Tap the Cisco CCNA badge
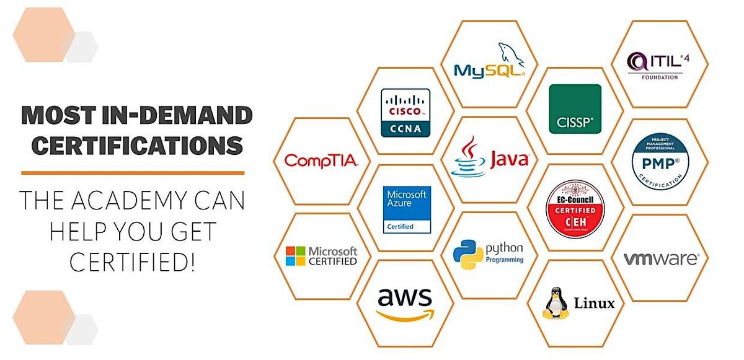tap(405, 112)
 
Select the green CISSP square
tap(575, 109)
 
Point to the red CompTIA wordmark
tap(321, 161)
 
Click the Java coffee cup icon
tap(469, 157)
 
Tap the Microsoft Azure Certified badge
tap(406, 209)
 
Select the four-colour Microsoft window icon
tap(296, 256)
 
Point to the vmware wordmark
tap(660, 258)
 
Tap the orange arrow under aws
tap(405, 314)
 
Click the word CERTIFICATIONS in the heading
tap(137, 146)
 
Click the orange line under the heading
tap(133, 173)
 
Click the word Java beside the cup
tap(509, 160)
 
